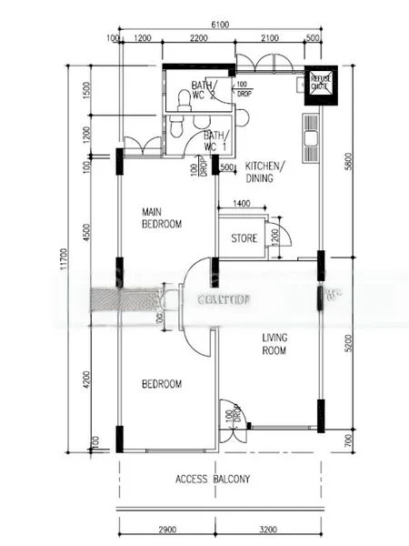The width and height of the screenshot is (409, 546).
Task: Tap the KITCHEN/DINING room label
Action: (x=265, y=172)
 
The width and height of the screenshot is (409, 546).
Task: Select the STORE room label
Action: (x=244, y=239)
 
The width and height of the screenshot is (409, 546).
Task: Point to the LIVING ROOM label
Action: (x=274, y=343)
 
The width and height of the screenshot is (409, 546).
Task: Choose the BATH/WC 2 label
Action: (x=200, y=90)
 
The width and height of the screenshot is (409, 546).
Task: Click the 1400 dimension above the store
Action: (x=242, y=205)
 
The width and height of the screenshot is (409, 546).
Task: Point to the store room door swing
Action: (x=281, y=236)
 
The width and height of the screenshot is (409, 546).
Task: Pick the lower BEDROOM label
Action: (x=161, y=384)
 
